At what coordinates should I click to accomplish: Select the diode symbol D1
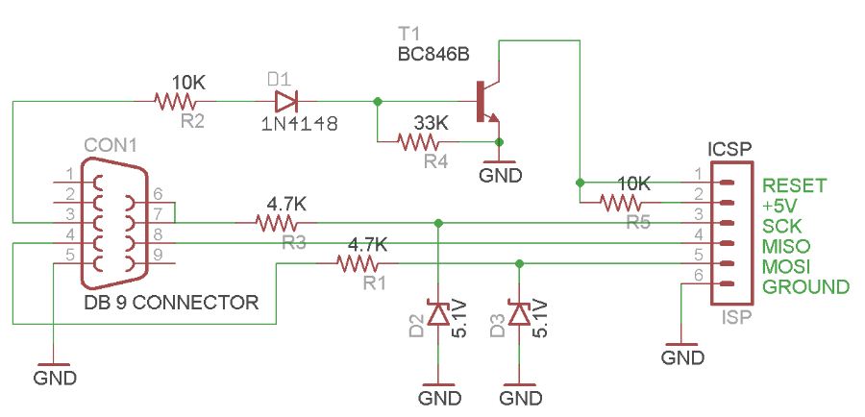pos(285,100)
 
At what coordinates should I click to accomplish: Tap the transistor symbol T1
pos(488,100)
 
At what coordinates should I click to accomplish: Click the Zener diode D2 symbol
pos(438,313)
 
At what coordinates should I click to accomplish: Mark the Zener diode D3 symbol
pos(520,313)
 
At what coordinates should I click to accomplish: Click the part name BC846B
pos(432,54)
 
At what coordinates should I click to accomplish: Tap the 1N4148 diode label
pos(299,123)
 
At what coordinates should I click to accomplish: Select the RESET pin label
pos(794,185)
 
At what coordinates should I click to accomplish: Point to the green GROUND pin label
pos(805,286)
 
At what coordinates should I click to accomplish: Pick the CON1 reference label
pos(111,144)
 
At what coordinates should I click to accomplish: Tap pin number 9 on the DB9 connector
pos(158,255)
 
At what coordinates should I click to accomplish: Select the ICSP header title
pos(729,150)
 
